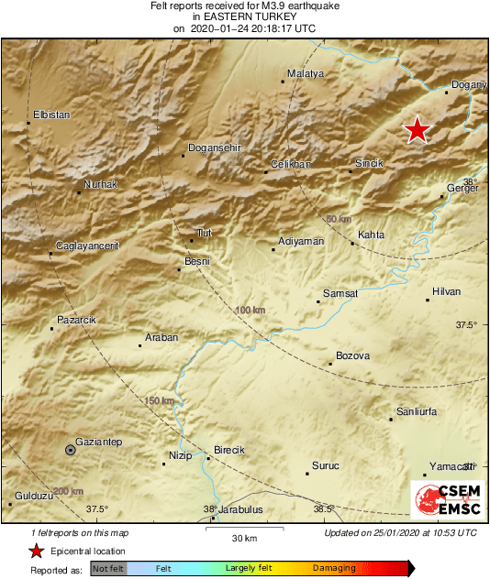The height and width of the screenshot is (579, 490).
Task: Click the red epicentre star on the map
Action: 418,130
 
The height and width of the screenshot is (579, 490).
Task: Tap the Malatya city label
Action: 306,73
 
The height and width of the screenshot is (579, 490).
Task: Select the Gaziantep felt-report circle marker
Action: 71,449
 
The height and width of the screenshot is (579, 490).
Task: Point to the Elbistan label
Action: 51,115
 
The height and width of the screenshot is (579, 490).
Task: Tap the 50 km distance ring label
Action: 339,219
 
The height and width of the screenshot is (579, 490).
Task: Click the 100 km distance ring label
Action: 249,311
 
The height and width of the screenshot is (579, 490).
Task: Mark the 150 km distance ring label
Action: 159,401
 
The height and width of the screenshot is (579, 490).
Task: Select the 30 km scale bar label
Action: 243,537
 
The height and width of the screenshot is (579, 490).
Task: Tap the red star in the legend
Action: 36,551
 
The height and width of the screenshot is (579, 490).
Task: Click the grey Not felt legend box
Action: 109,569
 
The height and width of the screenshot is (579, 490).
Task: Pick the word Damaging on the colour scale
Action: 334,569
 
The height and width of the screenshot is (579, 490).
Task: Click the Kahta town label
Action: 372,235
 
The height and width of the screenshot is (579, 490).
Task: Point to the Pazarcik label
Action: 76,319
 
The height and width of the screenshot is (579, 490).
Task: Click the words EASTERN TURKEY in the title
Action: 245,16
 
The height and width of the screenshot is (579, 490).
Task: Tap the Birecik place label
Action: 228,450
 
